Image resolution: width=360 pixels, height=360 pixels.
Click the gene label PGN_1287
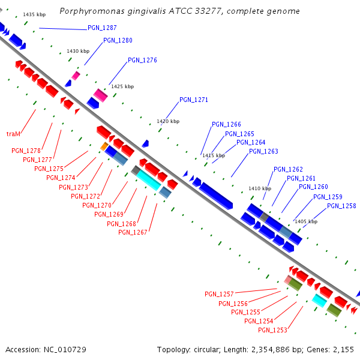click(x=102, y=28)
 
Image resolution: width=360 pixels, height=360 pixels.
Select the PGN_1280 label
click(x=118, y=40)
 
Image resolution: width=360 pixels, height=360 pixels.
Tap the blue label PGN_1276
click(x=142, y=60)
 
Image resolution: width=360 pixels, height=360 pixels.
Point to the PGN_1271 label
click(x=194, y=100)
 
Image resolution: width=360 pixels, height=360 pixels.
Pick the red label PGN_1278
click(x=26, y=151)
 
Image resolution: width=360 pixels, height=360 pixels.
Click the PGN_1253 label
click(x=272, y=330)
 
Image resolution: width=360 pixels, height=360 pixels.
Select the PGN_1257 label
click(x=219, y=294)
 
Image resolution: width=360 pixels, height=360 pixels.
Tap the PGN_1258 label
click(x=341, y=206)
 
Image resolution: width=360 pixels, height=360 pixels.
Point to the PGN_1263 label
click(x=263, y=151)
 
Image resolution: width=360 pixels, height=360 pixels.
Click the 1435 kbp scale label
click(x=34, y=14)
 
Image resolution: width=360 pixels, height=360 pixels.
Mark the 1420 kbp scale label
click(x=168, y=121)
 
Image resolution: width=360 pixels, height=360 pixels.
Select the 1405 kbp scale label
click(x=305, y=221)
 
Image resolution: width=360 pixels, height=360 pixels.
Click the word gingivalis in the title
click(x=139, y=11)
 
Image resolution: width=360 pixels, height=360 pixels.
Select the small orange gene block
click(x=104, y=146)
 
